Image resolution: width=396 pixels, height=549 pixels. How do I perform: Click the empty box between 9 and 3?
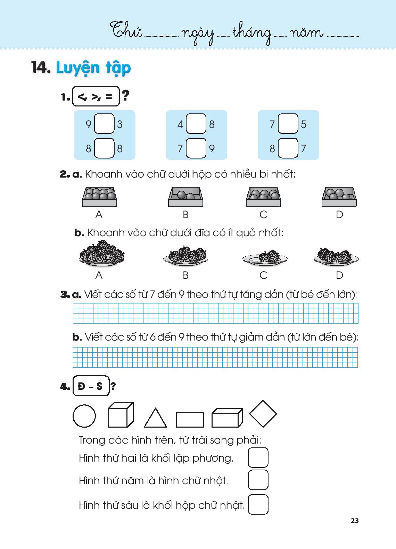[104, 123]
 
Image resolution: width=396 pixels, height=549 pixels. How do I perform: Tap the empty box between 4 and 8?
[196, 123]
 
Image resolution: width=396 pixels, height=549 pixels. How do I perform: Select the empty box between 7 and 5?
[288, 123]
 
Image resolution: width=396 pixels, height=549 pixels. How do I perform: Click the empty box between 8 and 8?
[104, 148]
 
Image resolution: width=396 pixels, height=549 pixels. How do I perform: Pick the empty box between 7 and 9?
[196, 148]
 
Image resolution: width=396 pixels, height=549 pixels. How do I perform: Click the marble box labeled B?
[185, 197]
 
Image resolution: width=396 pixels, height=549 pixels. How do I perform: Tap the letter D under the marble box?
[339, 215]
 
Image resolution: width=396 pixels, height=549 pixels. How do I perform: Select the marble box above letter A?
[99, 197]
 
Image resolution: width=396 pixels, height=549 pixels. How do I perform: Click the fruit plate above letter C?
[265, 258]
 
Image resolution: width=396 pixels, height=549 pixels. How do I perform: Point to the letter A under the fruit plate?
[99, 275]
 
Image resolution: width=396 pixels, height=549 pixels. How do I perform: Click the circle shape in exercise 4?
[84, 416]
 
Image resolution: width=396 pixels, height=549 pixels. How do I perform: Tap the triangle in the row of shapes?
[155, 418]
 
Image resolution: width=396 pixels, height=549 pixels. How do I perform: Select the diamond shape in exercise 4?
[263, 414]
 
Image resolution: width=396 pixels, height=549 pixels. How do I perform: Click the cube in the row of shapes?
[121, 415]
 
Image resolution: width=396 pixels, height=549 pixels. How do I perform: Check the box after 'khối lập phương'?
[258, 457]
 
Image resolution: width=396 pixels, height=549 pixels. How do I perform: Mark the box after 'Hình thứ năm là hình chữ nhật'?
[258, 480]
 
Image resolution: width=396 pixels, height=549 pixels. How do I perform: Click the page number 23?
[355, 521]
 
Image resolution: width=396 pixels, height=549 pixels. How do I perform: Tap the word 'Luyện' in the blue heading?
[78, 68]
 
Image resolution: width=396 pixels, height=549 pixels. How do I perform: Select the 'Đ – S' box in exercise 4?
[91, 386]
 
